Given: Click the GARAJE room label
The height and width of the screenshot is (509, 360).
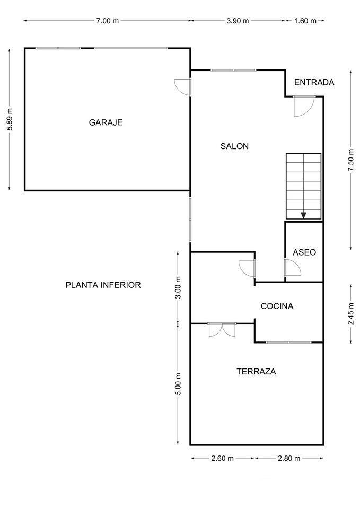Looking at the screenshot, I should [x=106, y=122].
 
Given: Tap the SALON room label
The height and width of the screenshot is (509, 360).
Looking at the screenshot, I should [x=234, y=146].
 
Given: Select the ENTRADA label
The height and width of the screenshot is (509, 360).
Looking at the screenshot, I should [x=314, y=82].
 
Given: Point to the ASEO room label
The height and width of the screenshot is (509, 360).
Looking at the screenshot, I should [x=304, y=252].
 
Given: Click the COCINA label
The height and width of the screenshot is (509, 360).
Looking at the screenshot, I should [x=277, y=306].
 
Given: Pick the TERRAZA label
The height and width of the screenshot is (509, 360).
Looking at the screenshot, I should [x=256, y=372].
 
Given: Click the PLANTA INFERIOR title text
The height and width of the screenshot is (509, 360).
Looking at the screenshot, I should [x=103, y=285].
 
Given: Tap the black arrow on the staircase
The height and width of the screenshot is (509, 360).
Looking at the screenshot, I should [x=303, y=215].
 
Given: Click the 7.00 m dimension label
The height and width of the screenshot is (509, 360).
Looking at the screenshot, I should [x=107, y=21].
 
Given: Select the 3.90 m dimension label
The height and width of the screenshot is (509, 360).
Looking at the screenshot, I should [x=237, y=21].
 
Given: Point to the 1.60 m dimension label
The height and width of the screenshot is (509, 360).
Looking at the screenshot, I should [x=305, y=21].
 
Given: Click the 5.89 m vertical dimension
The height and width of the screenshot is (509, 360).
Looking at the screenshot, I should [x=9, y=119].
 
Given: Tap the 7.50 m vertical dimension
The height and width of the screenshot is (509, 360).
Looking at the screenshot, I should [x=350, y=160].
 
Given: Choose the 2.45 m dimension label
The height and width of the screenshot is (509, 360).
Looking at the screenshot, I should [x=350, y=313].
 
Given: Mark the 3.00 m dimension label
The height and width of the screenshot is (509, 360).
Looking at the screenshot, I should [x=179, y=288].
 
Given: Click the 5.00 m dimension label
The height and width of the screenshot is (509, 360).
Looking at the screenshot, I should [x=179, y=384].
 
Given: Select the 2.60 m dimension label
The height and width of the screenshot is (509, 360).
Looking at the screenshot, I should [x=223, y=458].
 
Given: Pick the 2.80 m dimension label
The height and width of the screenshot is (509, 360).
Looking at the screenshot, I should [x=289, y=458].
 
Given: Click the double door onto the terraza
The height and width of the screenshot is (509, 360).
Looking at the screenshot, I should [x=222, y=330].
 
